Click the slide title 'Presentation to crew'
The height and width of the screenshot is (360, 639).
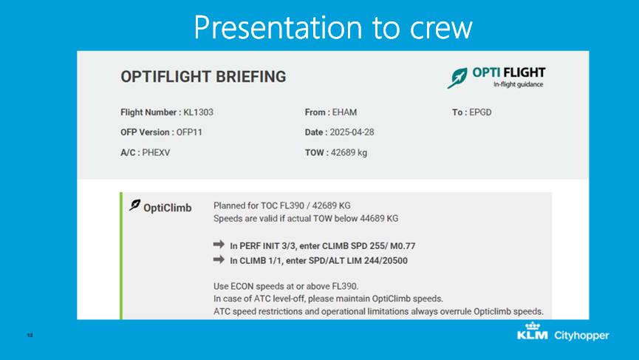pos(333,27)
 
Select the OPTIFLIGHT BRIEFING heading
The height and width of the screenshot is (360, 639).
pos(203,77)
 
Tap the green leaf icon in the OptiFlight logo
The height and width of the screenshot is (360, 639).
pos(457,78)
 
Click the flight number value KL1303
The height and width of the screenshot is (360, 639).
pos(198,112)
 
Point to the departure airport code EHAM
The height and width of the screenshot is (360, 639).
pos(344,112)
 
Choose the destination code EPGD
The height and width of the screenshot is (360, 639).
pos(480,112)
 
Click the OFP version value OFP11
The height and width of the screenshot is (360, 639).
pos(189,132)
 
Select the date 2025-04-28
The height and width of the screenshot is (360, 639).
pos(352,132)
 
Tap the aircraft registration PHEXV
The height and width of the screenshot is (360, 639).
pos(156,152)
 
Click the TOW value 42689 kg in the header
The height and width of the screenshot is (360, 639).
pos(349,152)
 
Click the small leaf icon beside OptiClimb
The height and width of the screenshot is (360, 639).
pos(135,205)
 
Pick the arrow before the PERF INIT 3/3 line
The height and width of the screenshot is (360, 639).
pos(219,244)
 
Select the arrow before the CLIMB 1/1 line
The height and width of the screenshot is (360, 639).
pos(219,259)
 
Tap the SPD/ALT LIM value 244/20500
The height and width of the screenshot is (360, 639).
pos(386,260)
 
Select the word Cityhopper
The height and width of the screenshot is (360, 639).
pos(581,336)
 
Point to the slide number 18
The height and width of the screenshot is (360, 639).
pos(30,335)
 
